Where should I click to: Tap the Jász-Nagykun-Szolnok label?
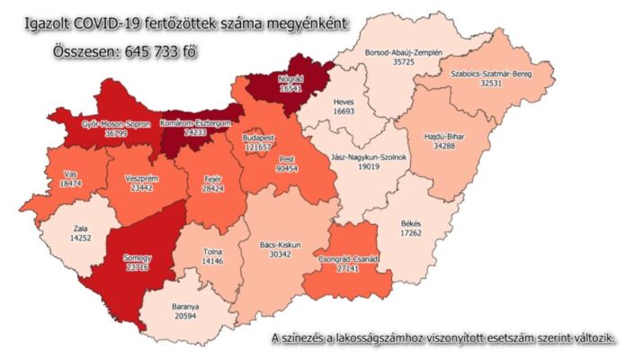click(x=371, y=156)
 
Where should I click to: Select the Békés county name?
click(x=411, y=222)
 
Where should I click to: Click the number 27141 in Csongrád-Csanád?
click(x=345, y=268)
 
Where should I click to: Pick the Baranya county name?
click(x=185, y=307)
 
